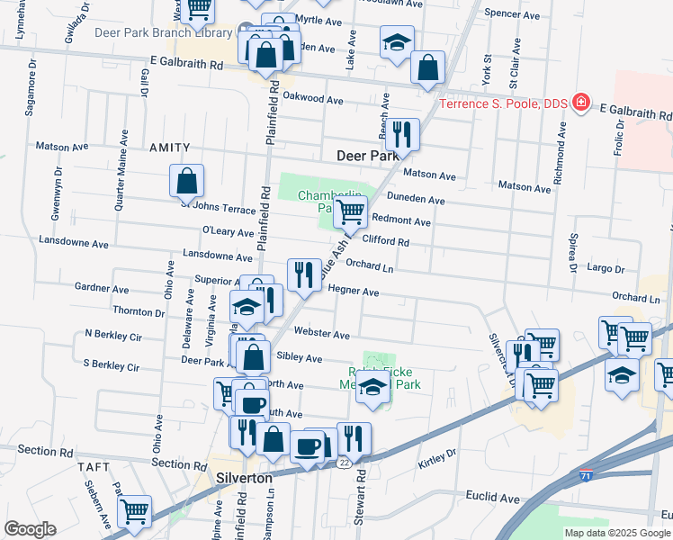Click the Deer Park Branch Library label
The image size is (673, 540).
coord(163,33)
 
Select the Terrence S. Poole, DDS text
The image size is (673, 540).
coord(503,103)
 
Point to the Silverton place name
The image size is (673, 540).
coord(245,479)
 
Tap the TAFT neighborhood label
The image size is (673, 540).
coord(93,468)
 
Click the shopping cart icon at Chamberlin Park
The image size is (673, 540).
coord(350,212)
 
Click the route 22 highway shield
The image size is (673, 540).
coord(345,463)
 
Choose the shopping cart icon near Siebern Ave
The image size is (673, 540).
coord(134,510)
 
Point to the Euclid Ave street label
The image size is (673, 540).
coord(493,497)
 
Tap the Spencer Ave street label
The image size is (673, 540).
coord(511,14)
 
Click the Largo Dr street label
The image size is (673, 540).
coord(605,268)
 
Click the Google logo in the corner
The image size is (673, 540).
coord(30,529)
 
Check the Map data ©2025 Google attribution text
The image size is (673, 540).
coord(616,533)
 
